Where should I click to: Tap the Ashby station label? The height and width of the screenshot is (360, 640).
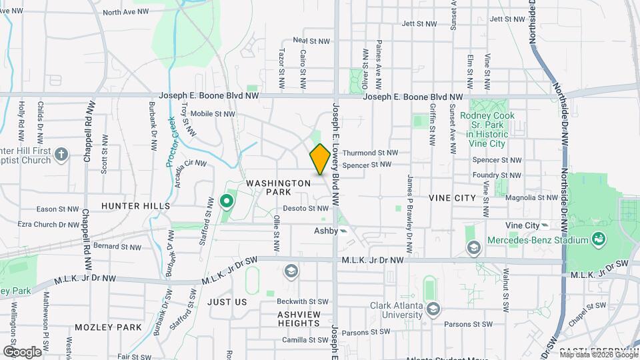pyautogui.click(x=327, y=231)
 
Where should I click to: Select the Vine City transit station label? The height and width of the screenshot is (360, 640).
pyautogui.click(x=522, y=226)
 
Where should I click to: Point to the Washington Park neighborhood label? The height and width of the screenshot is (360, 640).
pyautogui.click(x=278, y=187)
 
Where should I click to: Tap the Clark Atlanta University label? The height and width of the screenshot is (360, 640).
pyautogui.click(x=398, y=311)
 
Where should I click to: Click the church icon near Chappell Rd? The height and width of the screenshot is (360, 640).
pyautogui.click(x=61, y=155)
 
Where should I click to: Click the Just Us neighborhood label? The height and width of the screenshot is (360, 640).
pyautogui.click(x=227, y=302)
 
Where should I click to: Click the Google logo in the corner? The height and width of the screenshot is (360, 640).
pyautogui.click(x=22, y=351)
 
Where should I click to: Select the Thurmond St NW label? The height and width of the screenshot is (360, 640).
pyautogui.click(x=365, y=153)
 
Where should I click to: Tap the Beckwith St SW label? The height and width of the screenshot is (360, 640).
pyautogui.click(x=304, y=302)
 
